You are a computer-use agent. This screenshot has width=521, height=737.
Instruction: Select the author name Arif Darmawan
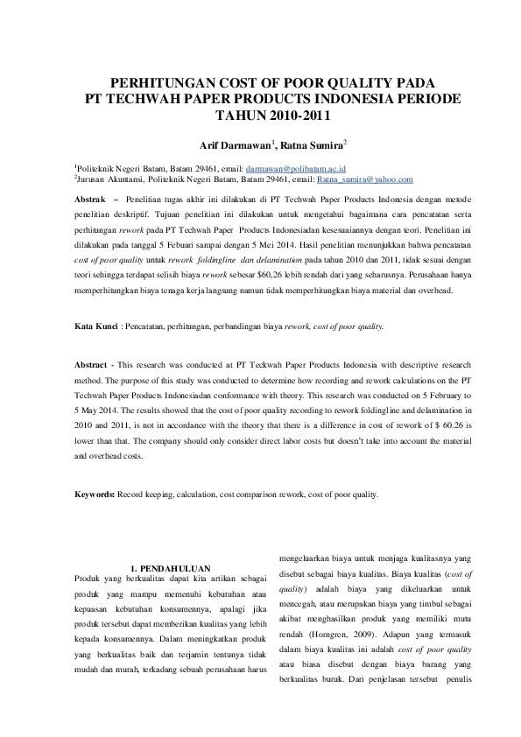pos(223,144)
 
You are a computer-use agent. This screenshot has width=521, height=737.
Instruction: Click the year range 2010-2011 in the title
pos(289,115)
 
